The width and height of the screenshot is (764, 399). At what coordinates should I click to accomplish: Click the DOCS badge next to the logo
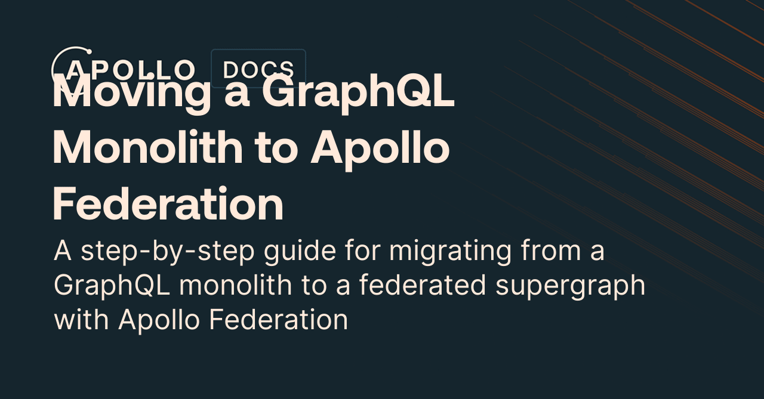[x=258, y=69]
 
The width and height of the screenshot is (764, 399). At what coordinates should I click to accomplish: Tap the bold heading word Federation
[x=168, y=203]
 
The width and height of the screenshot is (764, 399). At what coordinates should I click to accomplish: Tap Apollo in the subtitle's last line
[x=159, y=320]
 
